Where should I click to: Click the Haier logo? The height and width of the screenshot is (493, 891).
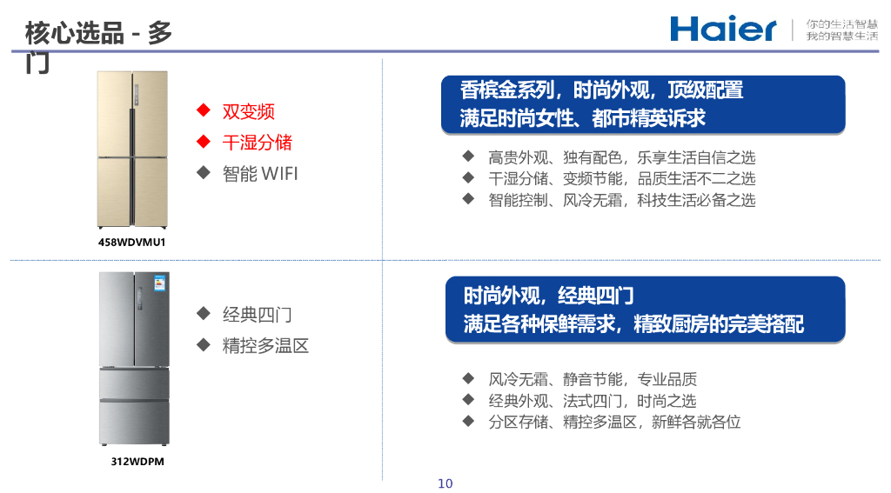point(722,29)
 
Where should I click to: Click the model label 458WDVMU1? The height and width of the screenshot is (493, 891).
point(131,242)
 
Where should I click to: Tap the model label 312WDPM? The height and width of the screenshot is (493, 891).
point(137,462)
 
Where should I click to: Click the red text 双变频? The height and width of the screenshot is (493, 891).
point(248,111)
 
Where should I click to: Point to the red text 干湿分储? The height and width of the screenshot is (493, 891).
point(257,142)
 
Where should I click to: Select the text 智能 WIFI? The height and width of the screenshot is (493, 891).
point(259,173)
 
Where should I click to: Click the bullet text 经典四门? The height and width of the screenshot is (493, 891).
point(257,315)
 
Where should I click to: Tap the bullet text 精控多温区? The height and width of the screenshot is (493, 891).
point(265,345)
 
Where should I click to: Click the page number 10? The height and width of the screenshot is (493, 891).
point(445,483)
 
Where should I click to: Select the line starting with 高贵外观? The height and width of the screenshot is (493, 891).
point(621,157)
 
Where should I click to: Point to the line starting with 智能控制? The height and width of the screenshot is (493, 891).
point(621,200)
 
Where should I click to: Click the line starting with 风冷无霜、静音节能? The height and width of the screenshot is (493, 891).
point(592,379)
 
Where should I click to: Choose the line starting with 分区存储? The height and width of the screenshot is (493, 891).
point(614,422)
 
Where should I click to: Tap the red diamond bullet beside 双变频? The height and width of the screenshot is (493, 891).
point(204,110)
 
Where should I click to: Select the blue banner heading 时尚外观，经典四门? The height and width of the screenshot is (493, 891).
point(644,310)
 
